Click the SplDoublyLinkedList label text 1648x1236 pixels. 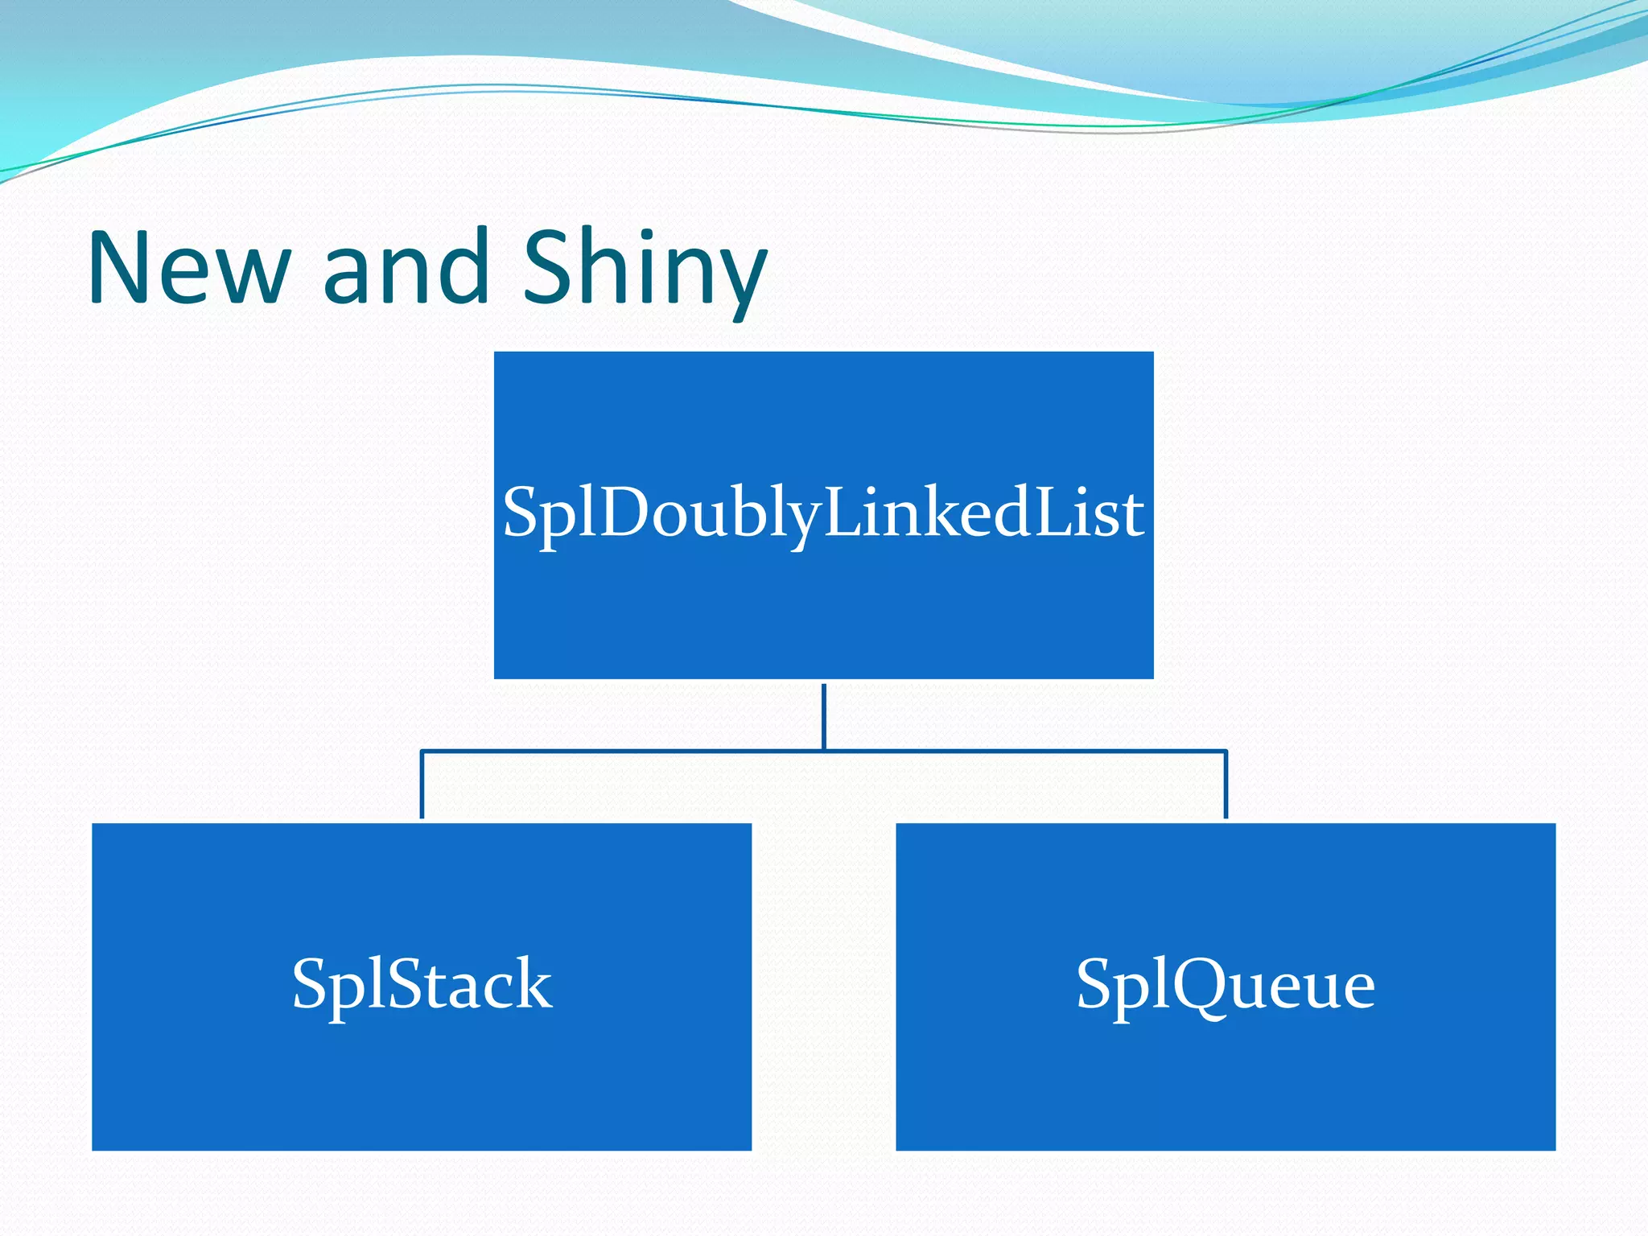click(823, 513)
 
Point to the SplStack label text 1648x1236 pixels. click(422, 984)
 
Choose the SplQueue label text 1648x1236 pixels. click(1226, 984)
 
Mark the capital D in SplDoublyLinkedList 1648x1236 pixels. click(624, 512)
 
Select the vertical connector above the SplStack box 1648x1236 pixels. click(422, 785)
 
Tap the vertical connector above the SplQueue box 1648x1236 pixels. click(1226, 785)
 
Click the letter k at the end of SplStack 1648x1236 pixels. click(531, 983)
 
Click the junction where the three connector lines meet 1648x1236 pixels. click(824, 751)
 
